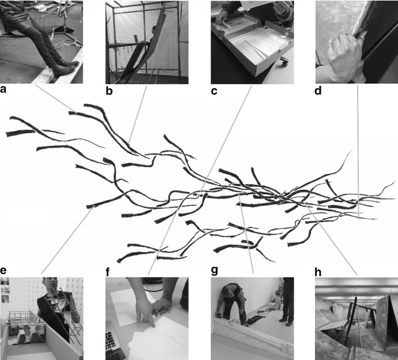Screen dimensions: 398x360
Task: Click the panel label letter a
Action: coord(5,90)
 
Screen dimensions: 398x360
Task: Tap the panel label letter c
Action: coord(214,90)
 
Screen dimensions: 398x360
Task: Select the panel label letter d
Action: coord(319,90)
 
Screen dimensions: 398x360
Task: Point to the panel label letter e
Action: coord(4,270)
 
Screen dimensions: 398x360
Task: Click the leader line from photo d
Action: coord(358,150)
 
